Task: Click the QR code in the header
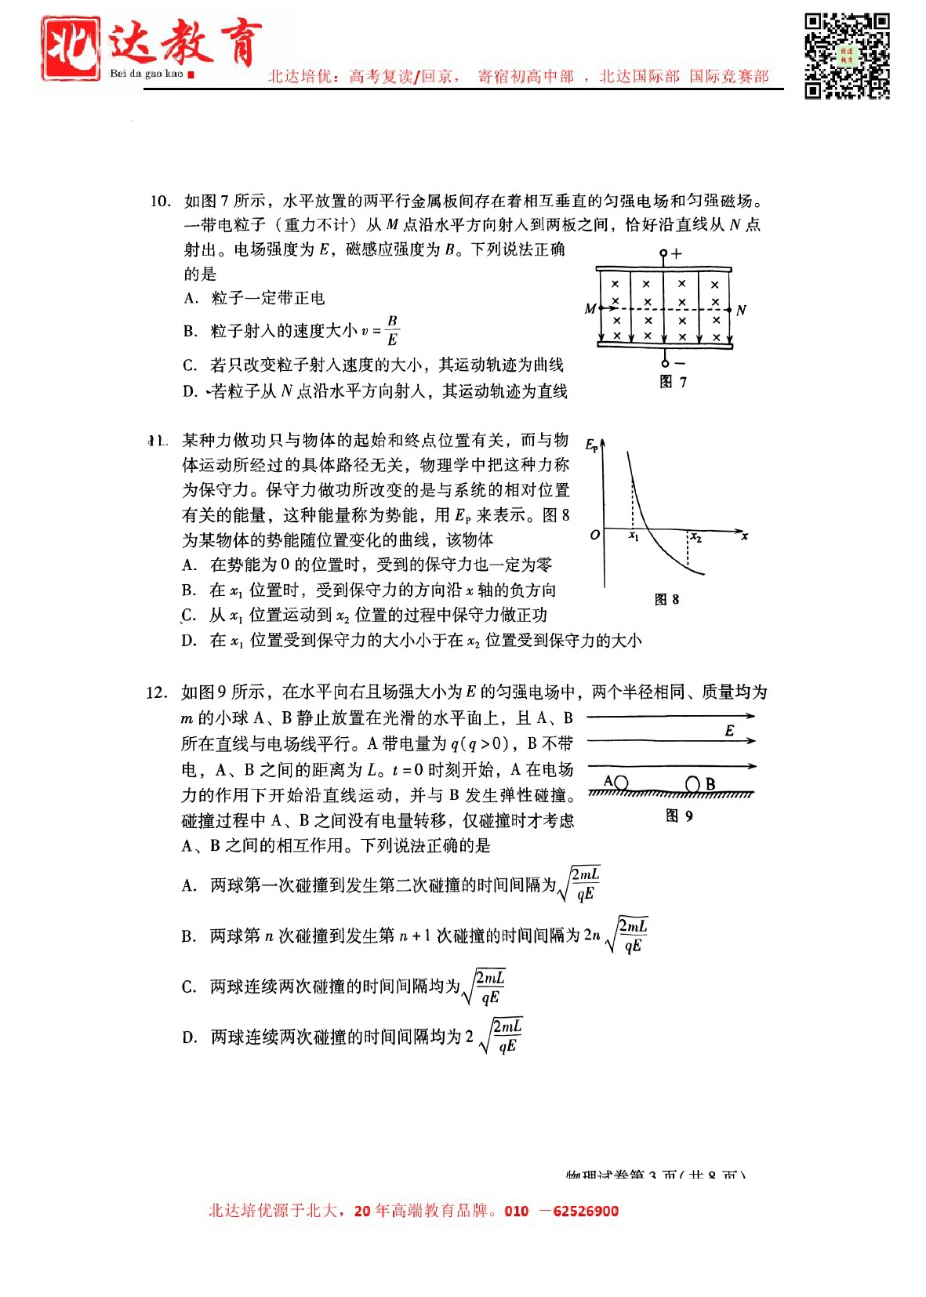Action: (847, 56)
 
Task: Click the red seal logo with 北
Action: (71, 49)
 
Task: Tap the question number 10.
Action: (160, 202)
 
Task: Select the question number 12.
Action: (157, 692)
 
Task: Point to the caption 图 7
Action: (673, 382)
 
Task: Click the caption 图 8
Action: (666, 599)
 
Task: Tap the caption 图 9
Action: (679, 816)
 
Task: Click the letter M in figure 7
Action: (590, 309)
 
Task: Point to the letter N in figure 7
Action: (741, 310)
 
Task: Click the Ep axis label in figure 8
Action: (592, 445)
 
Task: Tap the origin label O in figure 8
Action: (594, 535)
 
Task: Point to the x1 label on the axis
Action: (634, 537)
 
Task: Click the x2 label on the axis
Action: (695, 538)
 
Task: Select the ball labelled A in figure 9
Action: (621, 783)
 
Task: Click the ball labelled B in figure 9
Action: (692, 784)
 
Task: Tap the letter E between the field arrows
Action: (729, 730)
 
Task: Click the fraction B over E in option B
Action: (392, 330)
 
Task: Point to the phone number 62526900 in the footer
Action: (585, 1211)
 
